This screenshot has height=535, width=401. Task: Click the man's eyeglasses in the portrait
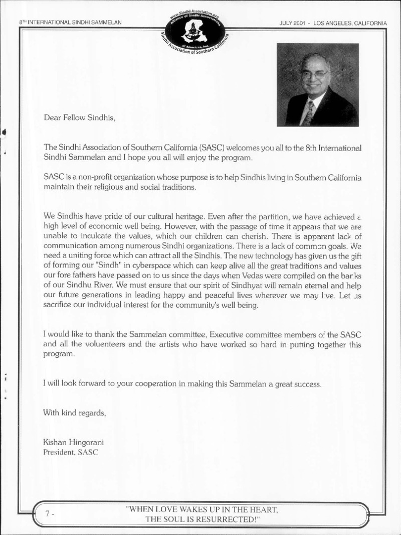tap(314, 74)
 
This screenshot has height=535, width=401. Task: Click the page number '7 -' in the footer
tap(50, 514)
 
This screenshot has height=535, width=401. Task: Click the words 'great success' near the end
tap(297, 384)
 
